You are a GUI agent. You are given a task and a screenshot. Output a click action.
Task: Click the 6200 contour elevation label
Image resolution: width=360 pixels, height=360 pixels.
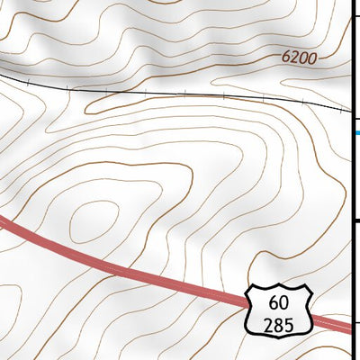(300, 58)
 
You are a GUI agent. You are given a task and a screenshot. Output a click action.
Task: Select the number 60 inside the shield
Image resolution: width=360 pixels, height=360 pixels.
(279, 302)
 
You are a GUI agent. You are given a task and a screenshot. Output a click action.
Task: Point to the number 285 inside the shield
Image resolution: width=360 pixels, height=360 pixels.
(279, 324)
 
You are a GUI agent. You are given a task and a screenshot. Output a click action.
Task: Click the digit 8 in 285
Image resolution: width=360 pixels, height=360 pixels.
(279, 324)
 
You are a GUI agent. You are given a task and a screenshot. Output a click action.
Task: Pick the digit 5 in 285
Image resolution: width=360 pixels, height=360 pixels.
(289, 324)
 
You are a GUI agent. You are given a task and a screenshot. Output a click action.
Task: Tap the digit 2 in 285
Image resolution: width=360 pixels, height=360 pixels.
(269, 324)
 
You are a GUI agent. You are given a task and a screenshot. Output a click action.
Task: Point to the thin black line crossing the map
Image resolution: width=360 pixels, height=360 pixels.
(180, 94)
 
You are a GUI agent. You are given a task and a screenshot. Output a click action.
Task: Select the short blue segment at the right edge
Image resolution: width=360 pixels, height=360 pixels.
(356, 133)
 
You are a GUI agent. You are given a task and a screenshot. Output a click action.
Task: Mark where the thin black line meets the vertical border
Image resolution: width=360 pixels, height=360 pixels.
(351, 110)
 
